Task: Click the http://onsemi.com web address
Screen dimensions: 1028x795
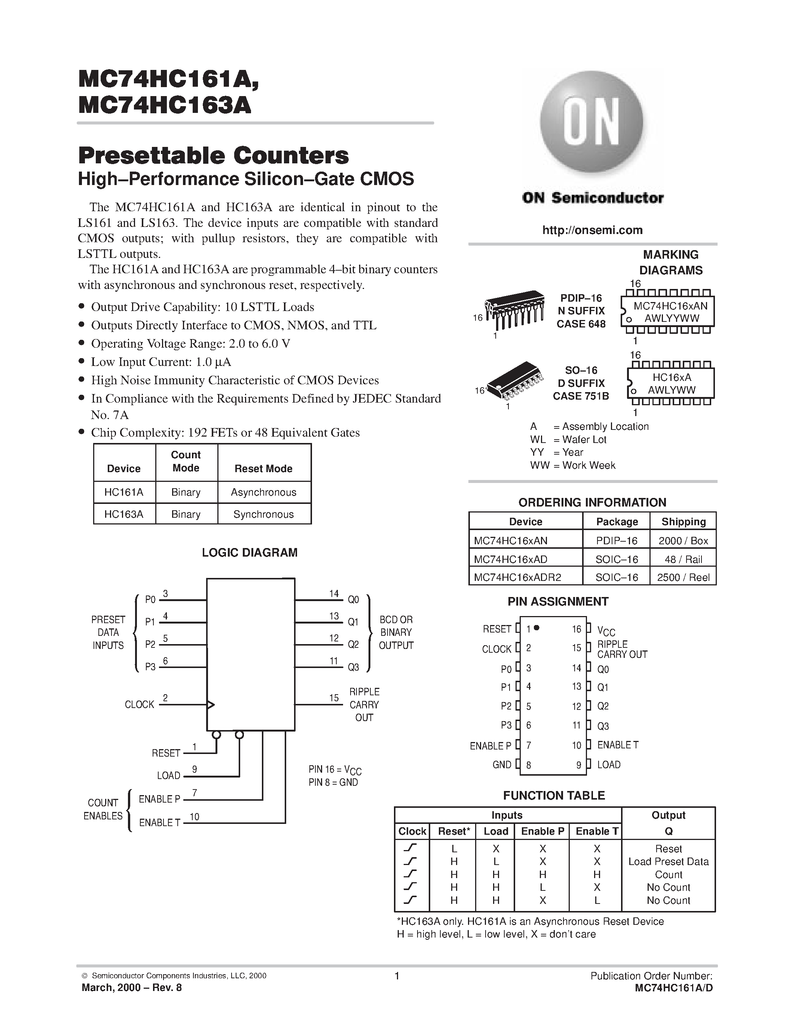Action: (592, 230)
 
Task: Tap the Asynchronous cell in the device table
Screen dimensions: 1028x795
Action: (263, 492)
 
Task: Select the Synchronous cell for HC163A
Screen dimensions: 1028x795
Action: (263, 514)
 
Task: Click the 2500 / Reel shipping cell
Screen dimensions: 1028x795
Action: (683, 578)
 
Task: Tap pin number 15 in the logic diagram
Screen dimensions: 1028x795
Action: (334, 698)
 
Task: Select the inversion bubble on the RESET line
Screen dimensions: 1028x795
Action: (216, 735)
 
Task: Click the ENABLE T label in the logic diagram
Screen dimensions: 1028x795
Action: (160, 823)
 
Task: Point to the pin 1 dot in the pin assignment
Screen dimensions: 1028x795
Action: (536, 628)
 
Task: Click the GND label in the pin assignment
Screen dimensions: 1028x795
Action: (502, 765)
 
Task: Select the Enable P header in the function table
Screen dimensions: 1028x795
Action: (542, 831)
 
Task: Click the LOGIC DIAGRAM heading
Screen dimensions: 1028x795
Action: (250, 553)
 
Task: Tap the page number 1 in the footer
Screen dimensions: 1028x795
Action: (397, 976)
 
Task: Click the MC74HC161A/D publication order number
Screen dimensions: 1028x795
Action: (673, 988)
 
